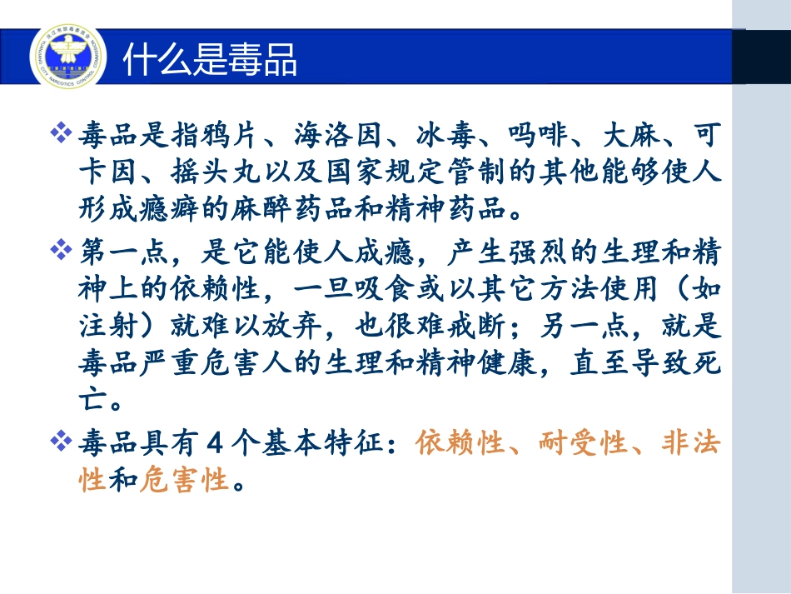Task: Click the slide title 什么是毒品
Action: (210, 59)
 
